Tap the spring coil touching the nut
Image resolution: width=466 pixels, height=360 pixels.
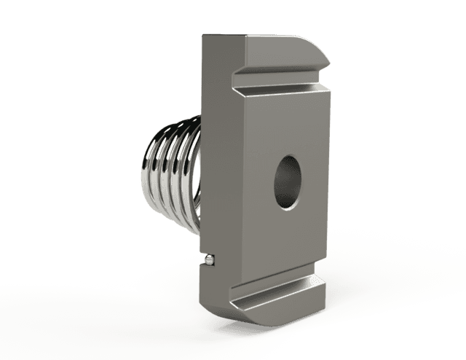pos(195,182)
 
